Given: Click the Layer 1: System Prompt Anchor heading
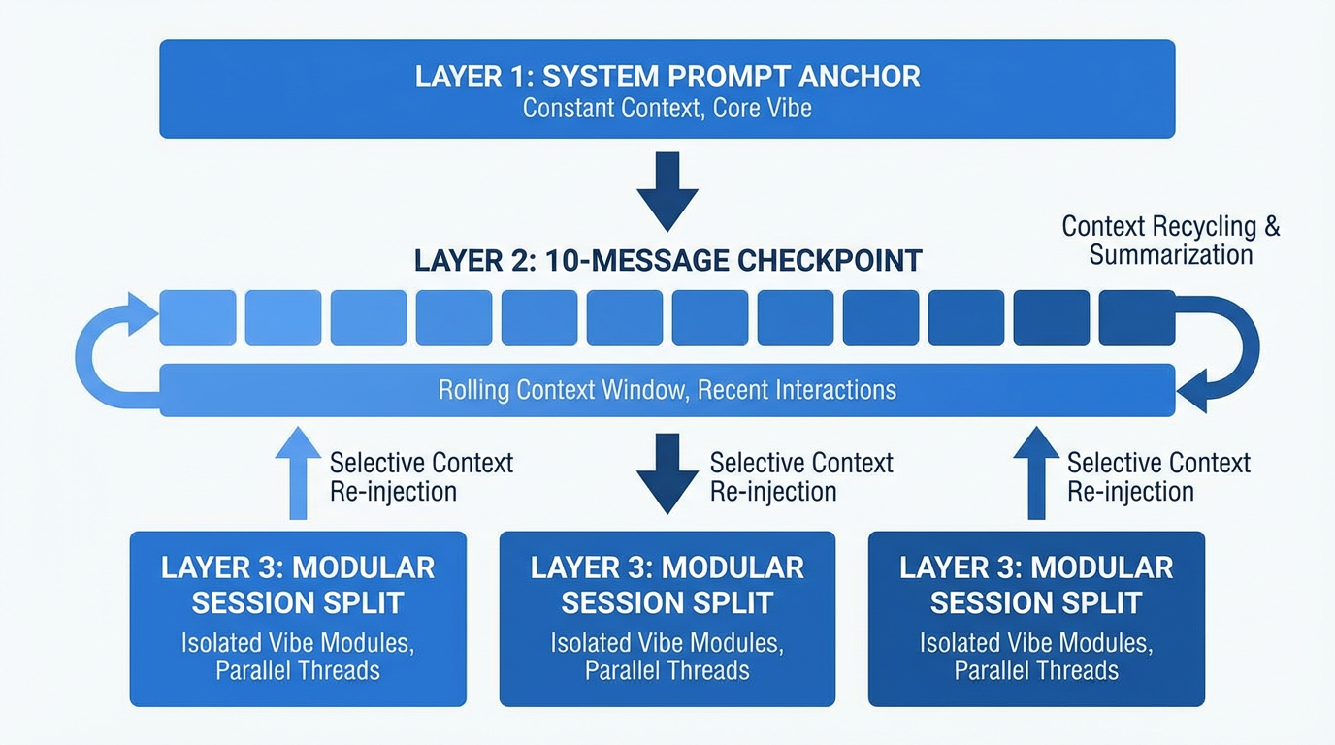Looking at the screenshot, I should click(x=667, y=77).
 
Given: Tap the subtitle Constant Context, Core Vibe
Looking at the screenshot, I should click(x=667, y=108).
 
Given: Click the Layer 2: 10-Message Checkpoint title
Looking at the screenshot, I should click(x=667, y=261).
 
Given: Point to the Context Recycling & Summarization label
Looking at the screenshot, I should click(x=1171, y=241).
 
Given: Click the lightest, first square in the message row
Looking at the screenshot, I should click(x=198, y=318).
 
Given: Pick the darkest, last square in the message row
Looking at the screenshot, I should click(x=1137, y=318).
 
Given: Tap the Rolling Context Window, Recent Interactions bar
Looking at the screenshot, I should click(x=667, y=390).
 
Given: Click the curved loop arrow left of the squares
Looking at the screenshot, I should click(x=107, y=354).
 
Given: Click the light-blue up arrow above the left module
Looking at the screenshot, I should click(x=298, y=473).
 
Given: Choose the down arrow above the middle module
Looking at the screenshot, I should click(x=667, y=473).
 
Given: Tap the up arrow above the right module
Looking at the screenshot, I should click(x=1036, y=473).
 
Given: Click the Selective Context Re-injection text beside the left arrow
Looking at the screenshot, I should click(x=421, y=476).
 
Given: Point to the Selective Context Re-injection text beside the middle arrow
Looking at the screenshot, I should click(x=801, y=476).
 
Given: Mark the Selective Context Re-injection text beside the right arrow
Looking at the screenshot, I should click(x=1158, y=476).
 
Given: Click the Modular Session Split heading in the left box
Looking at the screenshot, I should click(x=298, y=585).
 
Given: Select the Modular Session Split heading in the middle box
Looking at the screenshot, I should click(x=667, y=585).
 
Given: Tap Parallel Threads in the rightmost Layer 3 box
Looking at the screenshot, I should click(x=1036, y=670).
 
